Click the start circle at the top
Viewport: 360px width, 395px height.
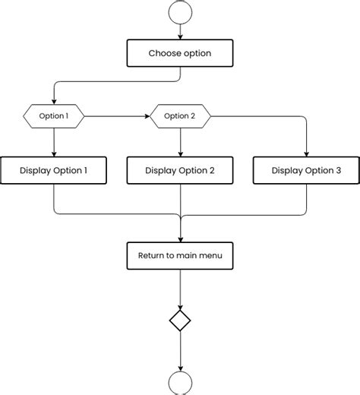(180, 12)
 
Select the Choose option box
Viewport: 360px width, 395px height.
(180, 53)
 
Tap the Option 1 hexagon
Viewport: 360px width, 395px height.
(53, 116)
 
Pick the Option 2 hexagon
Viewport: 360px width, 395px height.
(180, 116)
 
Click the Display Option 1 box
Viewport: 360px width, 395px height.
(53, 171)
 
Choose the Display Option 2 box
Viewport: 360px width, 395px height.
(180, 171)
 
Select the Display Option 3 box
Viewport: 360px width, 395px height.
(306, 171)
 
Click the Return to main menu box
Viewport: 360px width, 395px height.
(180, 255)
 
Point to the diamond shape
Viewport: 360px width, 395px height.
(180, 321)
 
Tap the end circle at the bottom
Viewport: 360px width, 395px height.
(180, 384)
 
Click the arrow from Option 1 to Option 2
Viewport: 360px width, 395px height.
(116, 116)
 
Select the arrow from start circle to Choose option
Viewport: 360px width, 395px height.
(180, 32)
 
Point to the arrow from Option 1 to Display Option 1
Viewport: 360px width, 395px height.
(53, 141)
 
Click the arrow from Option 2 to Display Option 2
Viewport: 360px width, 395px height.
(180, 141)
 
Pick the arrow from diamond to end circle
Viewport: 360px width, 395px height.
(180, 351)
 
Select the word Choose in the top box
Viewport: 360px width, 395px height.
(165, 53)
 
